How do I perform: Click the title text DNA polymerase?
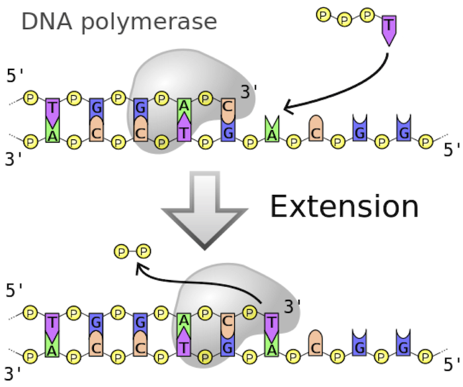[x=119, y=22]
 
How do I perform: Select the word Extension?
[x=344, y=207]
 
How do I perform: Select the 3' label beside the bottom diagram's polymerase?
[x=292, y=305]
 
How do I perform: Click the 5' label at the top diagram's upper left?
[x=15, y=75]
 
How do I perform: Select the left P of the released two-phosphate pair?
[x=121, y=251]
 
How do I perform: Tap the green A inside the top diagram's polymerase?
[x=185, y=106]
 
